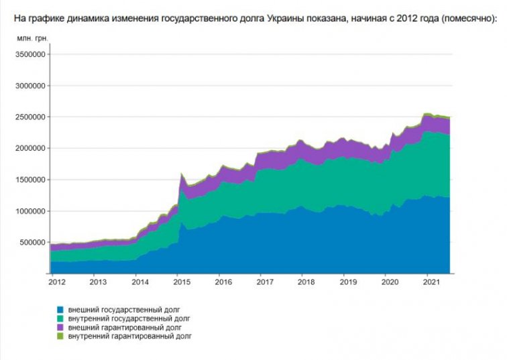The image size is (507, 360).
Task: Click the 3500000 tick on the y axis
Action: coord(30,54)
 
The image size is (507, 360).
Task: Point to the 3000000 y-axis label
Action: coord(30,86)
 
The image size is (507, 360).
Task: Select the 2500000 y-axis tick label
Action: coord(30,117)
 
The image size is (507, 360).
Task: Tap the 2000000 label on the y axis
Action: coord(30,148)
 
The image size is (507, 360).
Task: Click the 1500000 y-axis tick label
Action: coord(30,180)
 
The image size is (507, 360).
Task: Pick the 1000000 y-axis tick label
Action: coord(30,211)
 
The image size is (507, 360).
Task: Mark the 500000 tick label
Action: coord(32,242)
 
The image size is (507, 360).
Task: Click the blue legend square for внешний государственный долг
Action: coord(60,310)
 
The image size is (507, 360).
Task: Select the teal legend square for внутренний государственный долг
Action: coord(60,318)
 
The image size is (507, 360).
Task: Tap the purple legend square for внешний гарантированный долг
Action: coord(60,327)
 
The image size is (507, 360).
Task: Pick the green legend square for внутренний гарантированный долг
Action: coord(60,336)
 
